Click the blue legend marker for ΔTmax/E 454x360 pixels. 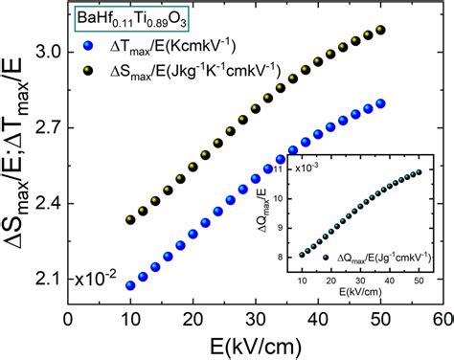coord(89,45)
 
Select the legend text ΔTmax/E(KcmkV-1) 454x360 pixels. coord(168,45)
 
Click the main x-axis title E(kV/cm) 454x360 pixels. coord(255,344)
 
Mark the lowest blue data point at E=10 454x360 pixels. coord(130,285)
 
